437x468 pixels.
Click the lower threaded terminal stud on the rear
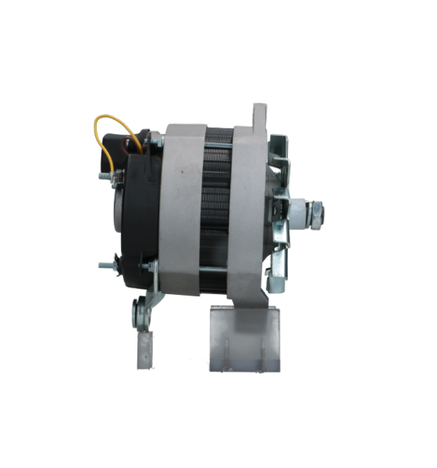click(x=105, y=266)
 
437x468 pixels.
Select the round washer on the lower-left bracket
click(x=141, y=317)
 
